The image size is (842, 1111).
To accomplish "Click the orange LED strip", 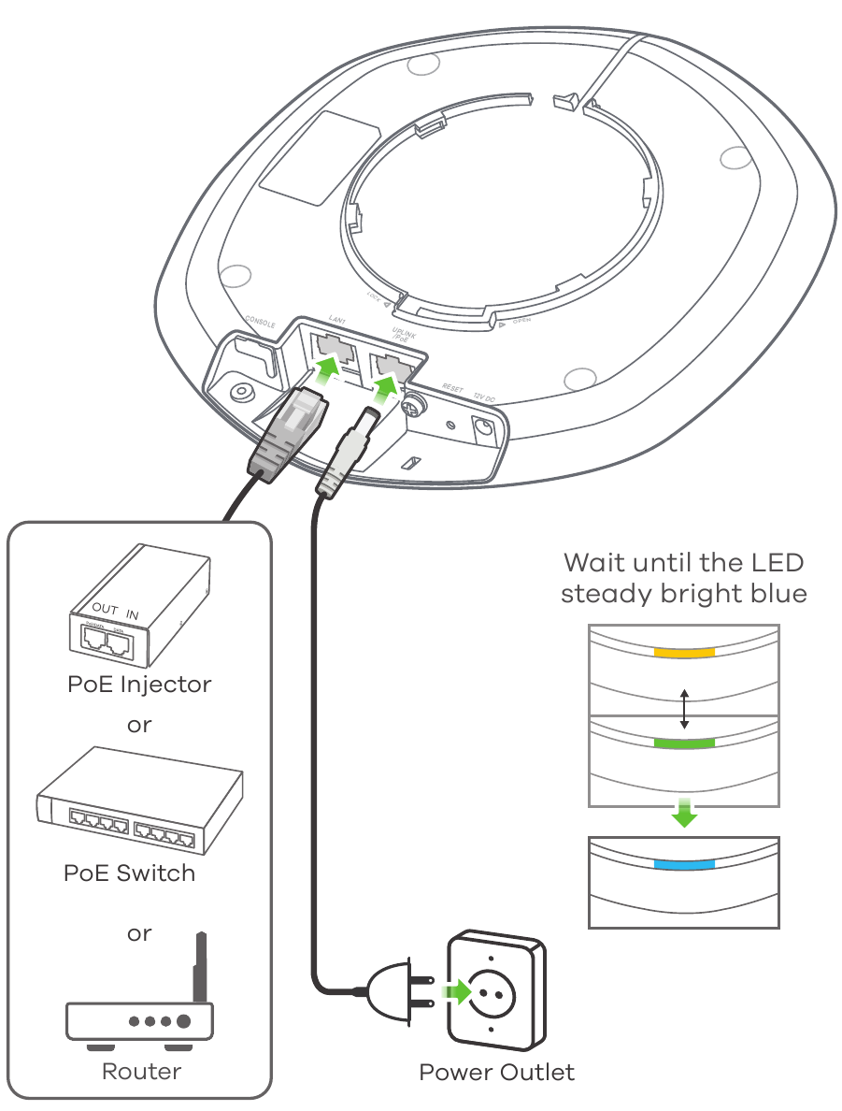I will pos(684,652).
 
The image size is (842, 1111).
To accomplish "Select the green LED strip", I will pos(684,743).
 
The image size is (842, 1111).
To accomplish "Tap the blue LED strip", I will pos(684,864).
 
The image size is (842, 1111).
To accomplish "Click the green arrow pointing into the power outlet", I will pos(457,988).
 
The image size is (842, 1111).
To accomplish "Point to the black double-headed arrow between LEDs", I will pos(685,709).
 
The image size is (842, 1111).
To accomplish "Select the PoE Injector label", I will pos(139,684).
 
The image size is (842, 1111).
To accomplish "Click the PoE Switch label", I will pos(129,873).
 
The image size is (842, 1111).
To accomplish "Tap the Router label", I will pos(141,1071).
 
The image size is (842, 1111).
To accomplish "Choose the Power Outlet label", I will pos(497,1072).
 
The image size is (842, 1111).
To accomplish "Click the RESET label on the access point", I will pos(452,387).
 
